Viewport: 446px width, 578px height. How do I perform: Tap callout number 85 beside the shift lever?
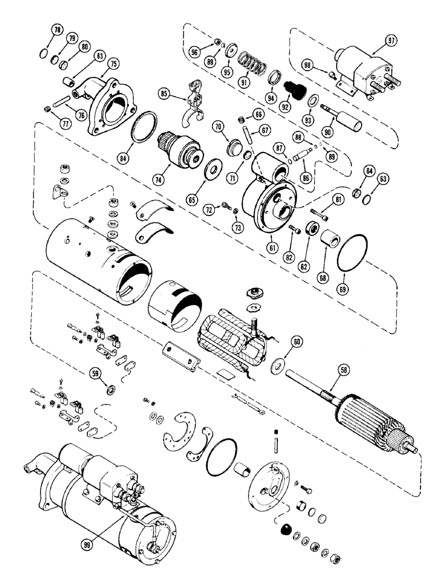point(165,92)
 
